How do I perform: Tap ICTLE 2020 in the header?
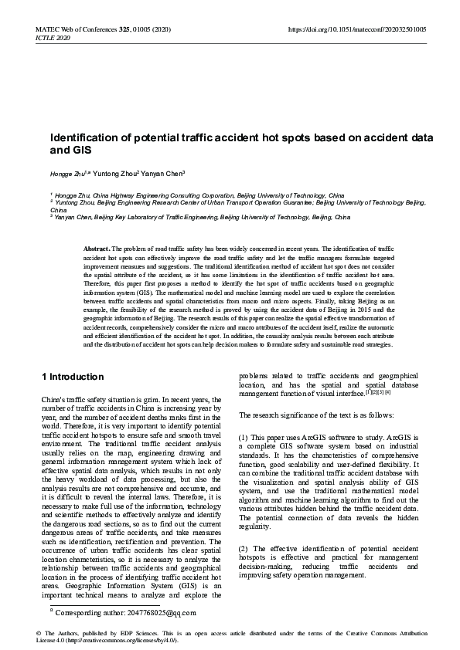click(53, 37)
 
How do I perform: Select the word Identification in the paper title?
click(86, 137)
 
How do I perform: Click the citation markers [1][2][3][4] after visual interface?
click(377, 391)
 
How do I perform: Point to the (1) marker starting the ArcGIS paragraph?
click(244, 438)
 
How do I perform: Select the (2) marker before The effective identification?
click(244, 526)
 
